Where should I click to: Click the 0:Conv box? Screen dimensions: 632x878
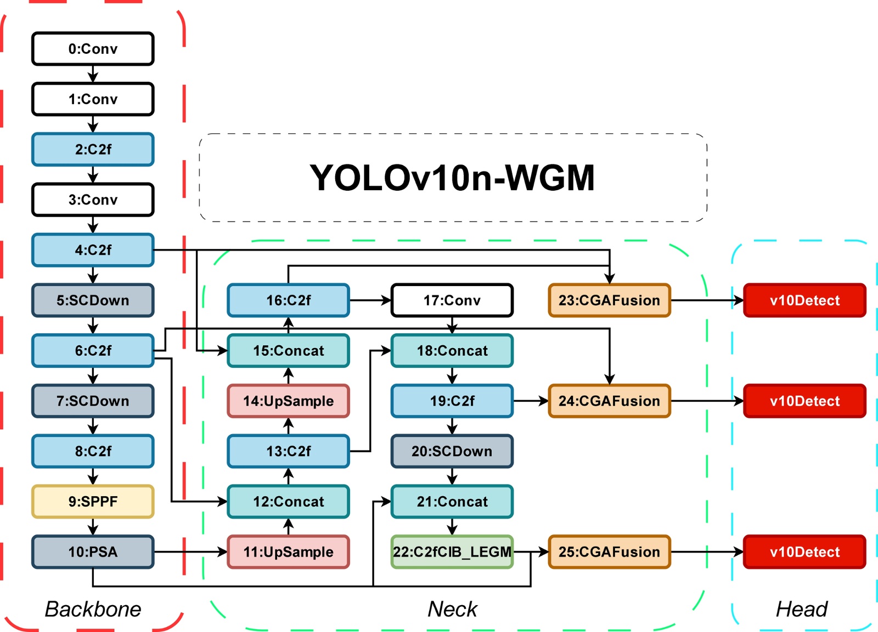pos(93,49)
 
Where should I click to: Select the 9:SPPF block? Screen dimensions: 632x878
pos(93,502)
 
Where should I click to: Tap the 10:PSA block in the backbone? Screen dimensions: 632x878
pos(93,552)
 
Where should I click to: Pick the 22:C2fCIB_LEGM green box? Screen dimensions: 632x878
pos(452,552)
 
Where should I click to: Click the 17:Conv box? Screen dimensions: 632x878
pos(452,300)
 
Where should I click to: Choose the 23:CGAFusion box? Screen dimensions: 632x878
pos(609,300)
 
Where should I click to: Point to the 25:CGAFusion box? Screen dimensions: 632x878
pos(609,552)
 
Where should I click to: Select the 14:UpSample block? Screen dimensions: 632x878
pos(289,401)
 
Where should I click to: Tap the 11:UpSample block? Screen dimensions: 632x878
pos(289,552)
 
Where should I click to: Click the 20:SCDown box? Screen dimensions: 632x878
pos(452,451)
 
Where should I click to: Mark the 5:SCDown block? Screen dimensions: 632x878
pos(93,300)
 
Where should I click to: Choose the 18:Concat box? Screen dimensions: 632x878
pos(452,351)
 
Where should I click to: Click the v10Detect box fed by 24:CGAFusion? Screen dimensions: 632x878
pos(804,401)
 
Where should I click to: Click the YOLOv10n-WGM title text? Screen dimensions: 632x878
pos(452,178)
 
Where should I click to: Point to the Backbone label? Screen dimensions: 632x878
pos(93,609)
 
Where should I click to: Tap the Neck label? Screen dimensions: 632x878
pos(452,609)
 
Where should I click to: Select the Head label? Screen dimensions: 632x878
pos(801,609)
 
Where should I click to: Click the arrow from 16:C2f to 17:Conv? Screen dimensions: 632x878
pos(370,300)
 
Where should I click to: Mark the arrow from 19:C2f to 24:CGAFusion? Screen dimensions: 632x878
pos(531,401)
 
